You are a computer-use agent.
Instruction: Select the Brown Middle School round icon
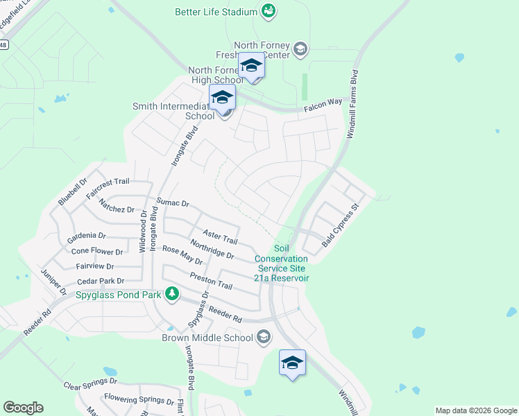pyautogui.click(x=263, y=338)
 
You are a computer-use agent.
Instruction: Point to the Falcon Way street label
pyautogui.click(x=323, y=103)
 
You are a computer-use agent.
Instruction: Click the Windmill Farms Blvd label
pyautogui.click(x=352, y=105)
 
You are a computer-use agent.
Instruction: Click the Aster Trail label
pyautogui.click(x=220, y=236)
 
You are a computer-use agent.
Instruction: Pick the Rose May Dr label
pyautogui.click(x=182, y=255)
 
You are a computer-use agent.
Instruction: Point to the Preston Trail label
pyautogui.click(x=211, y=280)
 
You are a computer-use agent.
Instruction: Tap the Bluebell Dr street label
pyautogui.click(x=73, y=191)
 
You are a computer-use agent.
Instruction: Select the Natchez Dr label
pyautogui.click(x=116, y=205)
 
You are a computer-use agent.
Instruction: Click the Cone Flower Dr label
pyautogui.click(x=97, y=252)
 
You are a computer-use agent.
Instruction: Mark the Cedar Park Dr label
pyautogui.click(x=101, y=281)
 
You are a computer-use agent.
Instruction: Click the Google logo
pyautogui.click(x=23, y=408)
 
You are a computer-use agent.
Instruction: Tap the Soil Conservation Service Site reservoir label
pyautogui.click(x=281, y=263)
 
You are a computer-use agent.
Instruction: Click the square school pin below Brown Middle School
pyautogui.click(x=292, y=363)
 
